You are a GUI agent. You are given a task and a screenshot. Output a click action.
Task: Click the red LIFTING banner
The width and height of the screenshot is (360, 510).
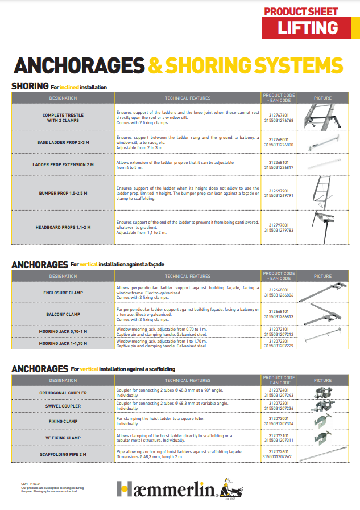pos(307,27)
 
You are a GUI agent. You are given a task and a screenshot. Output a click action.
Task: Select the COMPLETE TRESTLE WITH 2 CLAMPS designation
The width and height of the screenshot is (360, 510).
pos(63,118)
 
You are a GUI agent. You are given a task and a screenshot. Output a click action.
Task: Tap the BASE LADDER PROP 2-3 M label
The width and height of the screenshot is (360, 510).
pos(63,142)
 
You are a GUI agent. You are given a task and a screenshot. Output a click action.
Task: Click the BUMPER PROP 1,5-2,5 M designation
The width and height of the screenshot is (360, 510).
pos(63,193)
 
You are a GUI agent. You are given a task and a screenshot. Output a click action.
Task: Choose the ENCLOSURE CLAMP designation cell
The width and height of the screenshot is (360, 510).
pos(63,293)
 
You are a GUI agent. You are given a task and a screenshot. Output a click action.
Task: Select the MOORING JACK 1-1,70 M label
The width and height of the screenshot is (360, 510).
pos(63,344)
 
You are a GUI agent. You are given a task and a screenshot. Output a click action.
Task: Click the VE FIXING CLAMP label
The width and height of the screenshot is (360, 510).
pos(63,437)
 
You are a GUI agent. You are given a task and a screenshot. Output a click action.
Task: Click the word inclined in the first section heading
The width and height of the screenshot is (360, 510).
pos(69,87)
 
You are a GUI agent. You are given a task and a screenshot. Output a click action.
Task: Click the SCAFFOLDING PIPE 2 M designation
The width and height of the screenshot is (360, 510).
pos(63,454)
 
